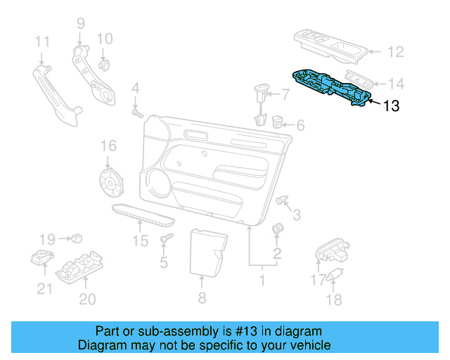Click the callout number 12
coord(397,51)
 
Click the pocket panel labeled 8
coord(207,251)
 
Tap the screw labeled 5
coord(166,241)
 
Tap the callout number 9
coord(80,22)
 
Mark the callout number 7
coord(285,93)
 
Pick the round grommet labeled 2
coord(277,229)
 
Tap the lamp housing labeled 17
coord(330,250)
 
